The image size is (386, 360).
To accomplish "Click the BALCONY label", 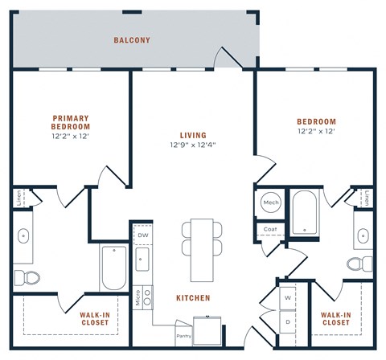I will (132, 40).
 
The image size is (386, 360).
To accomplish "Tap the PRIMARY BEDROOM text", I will (71, 122).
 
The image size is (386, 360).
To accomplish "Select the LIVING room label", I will (193, 135).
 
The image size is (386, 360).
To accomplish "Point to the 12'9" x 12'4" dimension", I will (193, 145).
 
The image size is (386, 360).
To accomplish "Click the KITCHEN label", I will (193, 298).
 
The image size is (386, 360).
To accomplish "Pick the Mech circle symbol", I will (271, 203).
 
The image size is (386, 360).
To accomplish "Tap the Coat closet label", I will (269, 229).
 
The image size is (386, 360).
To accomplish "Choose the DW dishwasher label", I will (143, 235).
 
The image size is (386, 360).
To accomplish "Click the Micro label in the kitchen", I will (138, 297).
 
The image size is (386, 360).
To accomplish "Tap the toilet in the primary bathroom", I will (30, 277).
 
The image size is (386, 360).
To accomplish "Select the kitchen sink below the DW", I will (143, 260).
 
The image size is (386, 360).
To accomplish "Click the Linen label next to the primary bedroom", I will (18, 198).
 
